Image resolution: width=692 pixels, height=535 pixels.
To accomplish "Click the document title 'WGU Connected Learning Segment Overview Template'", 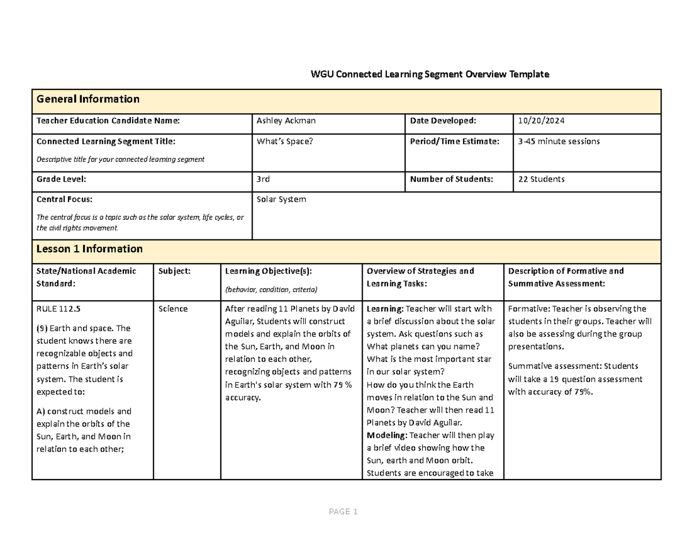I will point(430,74).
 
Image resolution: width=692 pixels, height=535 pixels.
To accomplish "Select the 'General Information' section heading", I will point(88,99).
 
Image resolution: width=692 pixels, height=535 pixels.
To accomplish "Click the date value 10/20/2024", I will point(541,121).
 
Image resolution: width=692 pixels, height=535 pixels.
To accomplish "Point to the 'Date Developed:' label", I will point(443,121).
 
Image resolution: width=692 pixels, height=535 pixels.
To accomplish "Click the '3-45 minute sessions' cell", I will point(559,141).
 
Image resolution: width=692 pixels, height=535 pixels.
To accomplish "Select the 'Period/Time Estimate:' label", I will point(454,141).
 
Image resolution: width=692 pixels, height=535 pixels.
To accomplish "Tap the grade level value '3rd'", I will point(263,179).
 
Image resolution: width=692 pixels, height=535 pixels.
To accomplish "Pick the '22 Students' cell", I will point(541,179).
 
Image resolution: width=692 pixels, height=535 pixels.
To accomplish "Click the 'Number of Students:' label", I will point(452,179).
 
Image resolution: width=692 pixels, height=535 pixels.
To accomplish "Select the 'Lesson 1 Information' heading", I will point(89,249).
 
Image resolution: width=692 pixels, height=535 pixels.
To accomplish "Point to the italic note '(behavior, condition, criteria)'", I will point(271,290).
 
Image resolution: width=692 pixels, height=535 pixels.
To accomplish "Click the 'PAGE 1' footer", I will point(344,512).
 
